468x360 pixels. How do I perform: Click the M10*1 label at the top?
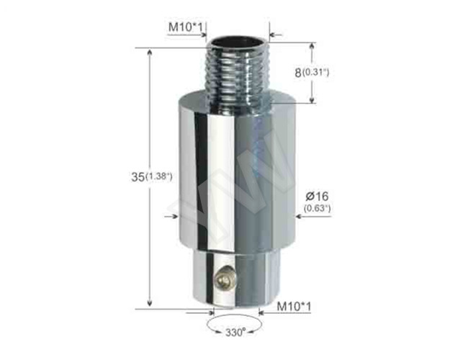[186, 27]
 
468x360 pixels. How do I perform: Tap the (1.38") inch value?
[158, 176]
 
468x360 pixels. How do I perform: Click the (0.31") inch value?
[315, 73]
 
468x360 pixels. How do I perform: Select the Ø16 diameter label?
[316, 196]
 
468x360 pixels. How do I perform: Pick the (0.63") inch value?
[316, 209]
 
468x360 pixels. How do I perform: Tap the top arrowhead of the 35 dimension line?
[150, 53]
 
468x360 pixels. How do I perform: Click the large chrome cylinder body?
[235, 173]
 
